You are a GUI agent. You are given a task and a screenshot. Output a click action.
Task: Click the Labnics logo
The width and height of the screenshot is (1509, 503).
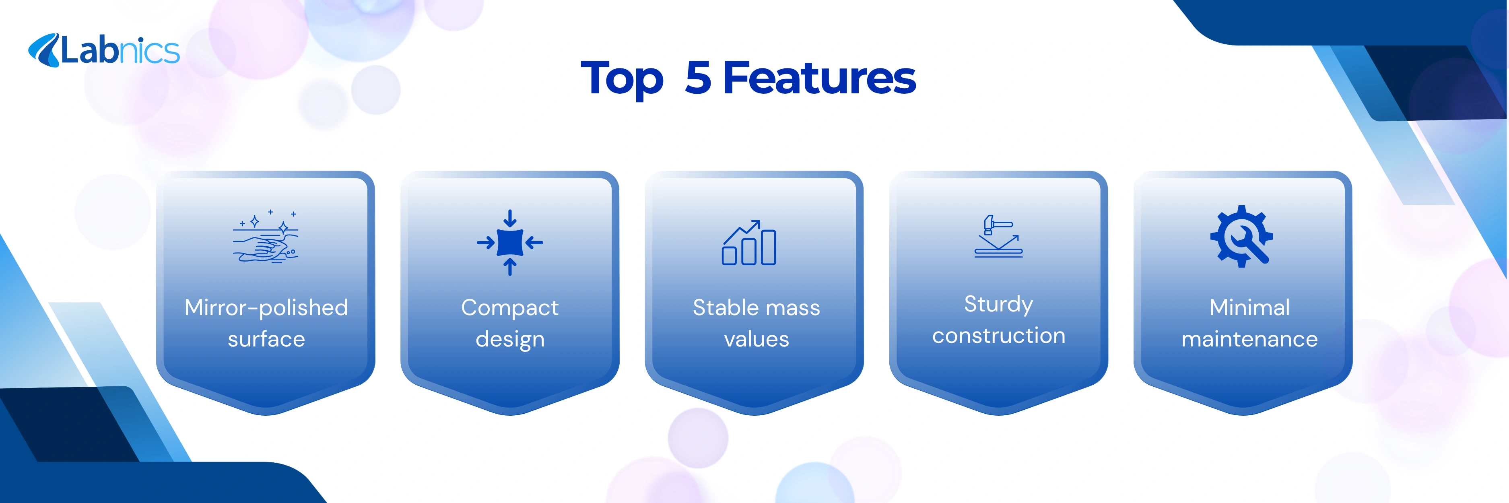(104, 50)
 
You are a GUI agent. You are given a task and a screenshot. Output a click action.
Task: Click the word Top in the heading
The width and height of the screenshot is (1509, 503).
(622, 79)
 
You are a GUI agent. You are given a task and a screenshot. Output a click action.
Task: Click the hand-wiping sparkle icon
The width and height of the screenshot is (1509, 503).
(266, 237)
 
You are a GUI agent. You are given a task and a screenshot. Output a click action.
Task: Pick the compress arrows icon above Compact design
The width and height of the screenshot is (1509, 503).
(509, 242)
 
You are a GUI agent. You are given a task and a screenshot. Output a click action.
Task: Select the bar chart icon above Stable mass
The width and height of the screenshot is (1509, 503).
(749, 242)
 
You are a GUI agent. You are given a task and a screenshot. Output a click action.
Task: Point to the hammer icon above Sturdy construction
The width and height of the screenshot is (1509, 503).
(998, 237)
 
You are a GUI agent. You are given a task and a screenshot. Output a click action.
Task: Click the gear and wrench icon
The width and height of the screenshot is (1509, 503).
(1242, 237)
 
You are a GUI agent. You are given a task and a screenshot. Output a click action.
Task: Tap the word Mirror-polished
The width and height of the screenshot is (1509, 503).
(266, 307)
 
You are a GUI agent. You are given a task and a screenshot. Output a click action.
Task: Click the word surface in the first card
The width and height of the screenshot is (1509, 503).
(266, 339)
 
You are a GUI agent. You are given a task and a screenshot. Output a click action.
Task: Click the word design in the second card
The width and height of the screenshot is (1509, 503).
(509, 340)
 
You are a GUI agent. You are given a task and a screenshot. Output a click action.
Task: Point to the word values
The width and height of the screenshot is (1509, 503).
(756, 340)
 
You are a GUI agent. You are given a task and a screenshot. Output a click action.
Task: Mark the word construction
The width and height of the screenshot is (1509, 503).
(998, 336)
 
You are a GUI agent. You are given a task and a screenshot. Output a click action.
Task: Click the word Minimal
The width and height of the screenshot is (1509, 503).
(1249, 307)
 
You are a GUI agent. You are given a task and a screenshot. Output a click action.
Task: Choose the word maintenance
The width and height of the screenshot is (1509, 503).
(1249, 340)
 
